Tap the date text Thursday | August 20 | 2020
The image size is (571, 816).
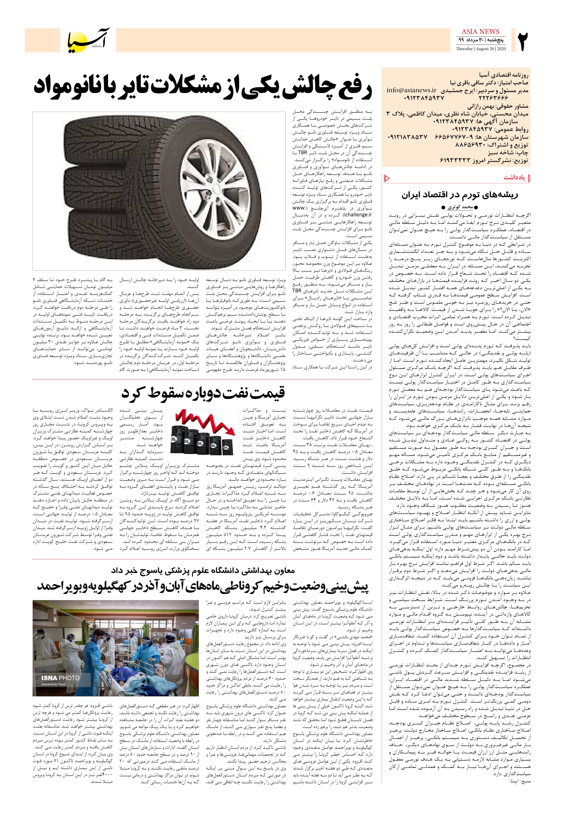click(480, 49)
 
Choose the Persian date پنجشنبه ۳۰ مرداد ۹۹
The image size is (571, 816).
click(480, 40)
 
